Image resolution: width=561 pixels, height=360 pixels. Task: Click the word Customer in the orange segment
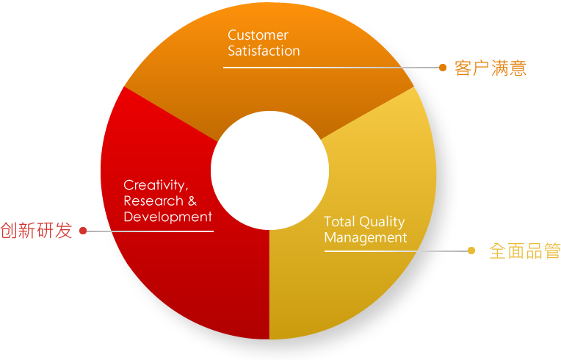click(x=258, y=35)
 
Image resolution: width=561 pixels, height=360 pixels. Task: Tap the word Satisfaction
click(x=264, y=51)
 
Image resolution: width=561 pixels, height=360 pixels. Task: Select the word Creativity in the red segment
click(x=154, y=185)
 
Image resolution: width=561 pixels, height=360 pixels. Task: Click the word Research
click(x=153, y=201)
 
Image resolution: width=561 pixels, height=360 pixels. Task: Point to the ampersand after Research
click(x=192, y=201)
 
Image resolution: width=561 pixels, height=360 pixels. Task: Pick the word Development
click(x=168, y=217)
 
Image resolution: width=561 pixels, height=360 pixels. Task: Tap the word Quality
click(x=382, y=222)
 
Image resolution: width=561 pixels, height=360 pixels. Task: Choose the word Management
click(x=366, y=238)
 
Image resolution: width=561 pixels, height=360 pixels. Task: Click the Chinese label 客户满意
click(x=491, y=68)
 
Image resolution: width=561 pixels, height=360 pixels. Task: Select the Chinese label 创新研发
click(x=36, y=231)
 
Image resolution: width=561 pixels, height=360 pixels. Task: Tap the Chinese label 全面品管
click(x=525, y=251)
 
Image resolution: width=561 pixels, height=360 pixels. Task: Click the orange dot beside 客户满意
click(x=443, y=68)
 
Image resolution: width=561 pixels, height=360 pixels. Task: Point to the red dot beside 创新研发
click(x=83, y=231)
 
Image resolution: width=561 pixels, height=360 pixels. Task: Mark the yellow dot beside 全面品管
click(x=471, y=251)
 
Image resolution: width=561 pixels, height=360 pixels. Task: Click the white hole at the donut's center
click(x=269, y=170)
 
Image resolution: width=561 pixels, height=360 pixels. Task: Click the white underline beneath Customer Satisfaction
click(x=331, y=68)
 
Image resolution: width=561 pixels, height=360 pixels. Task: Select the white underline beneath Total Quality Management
click(x=396, y=251)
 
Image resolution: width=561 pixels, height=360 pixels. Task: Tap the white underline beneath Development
click(x=151, y=231)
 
